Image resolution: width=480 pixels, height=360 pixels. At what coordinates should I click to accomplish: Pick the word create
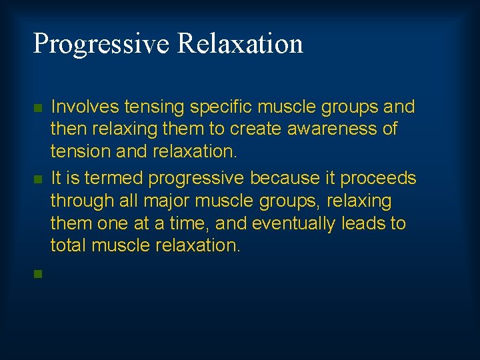pos(261,129)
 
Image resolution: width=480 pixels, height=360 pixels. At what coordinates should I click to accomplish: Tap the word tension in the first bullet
pos(73,151)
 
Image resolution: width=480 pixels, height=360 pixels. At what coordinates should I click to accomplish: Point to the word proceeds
pos(378,179)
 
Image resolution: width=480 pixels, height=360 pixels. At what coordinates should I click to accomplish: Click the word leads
pos(364,223)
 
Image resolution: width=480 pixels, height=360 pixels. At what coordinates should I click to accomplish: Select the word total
pos(68,245)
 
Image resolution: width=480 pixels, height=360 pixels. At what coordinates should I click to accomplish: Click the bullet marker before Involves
pos(39,107)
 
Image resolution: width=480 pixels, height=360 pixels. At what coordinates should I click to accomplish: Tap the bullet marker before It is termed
pos(39,179)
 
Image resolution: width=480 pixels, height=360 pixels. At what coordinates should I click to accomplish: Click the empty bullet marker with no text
pos(39,273)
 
